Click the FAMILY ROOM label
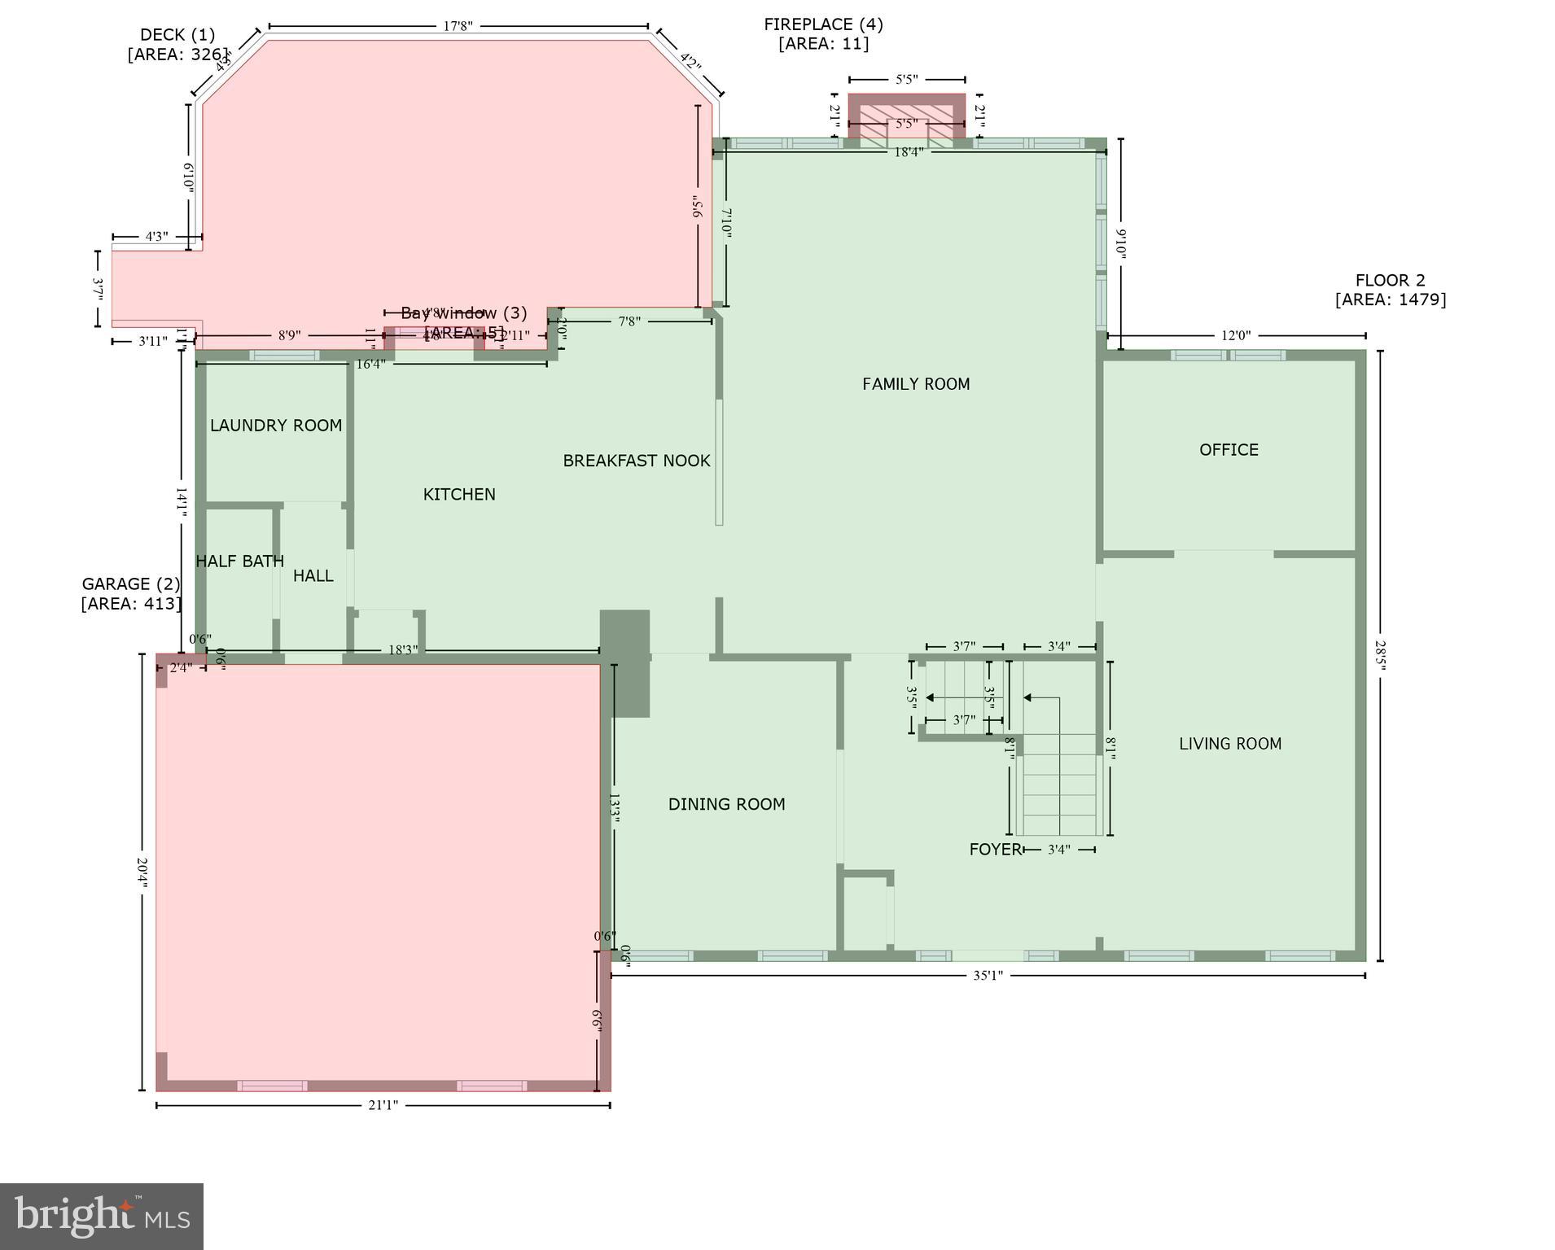(x=916, y=384)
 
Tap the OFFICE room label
(x=1229, y=450)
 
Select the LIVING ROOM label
(x=1229, y=744)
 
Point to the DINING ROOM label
(x=726, y=805)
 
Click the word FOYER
(x=994, y=850)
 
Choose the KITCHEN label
(x=459, y=495)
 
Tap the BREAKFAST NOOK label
(x=637, y=461)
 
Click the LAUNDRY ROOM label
(x=276, y=426)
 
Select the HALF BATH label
(x=239, y=562)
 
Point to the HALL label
(x=313, y=576)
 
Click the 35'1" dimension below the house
(x=988, y=975)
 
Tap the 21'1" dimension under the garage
(x=383, y=1105)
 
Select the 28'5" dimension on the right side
(x=1380, y=654)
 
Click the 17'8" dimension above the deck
(x=458, y=26)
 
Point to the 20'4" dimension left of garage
(x=142, y=872)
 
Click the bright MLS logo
(x=102, y=1216)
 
